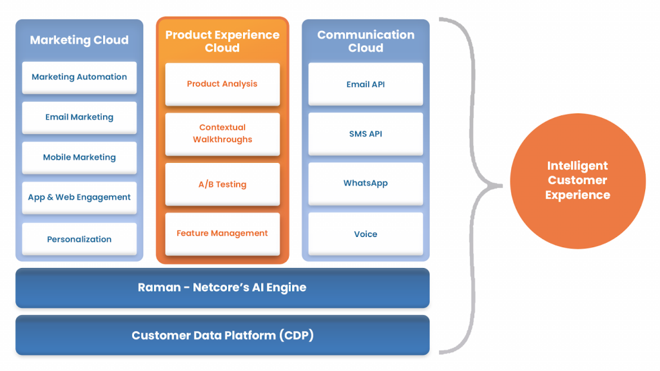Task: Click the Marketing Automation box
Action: point(79,77)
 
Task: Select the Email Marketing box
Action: point(79,117)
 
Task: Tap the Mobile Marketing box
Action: point(79,157)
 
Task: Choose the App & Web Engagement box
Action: point(79,197)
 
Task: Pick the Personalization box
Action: point(79,239)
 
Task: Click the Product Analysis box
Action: point(222,84)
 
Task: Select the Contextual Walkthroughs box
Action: point(222,134)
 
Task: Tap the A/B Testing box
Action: point(222,184)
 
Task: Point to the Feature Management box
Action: point(222,233)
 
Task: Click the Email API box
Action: point(365,84)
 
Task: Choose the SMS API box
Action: point(365,134)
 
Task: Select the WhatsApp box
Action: point(365,184)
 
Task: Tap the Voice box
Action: point(365,234)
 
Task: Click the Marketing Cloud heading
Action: point(79,40)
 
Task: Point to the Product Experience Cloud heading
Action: point(222,41)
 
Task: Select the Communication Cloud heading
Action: point(366,41)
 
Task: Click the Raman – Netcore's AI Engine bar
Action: point(222,288)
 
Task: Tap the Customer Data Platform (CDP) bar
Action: point(222,335)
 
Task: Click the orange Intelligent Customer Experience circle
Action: point(577,181)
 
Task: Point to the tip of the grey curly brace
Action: point(501,185)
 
